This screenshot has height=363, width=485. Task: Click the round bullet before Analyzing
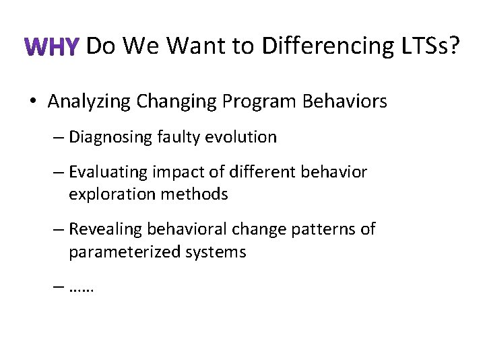point(32,102)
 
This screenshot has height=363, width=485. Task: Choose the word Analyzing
point(89,102)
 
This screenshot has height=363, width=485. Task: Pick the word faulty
point(178,137)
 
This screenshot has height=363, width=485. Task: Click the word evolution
point(240,137)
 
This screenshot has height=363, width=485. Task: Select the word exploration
point(108,195)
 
